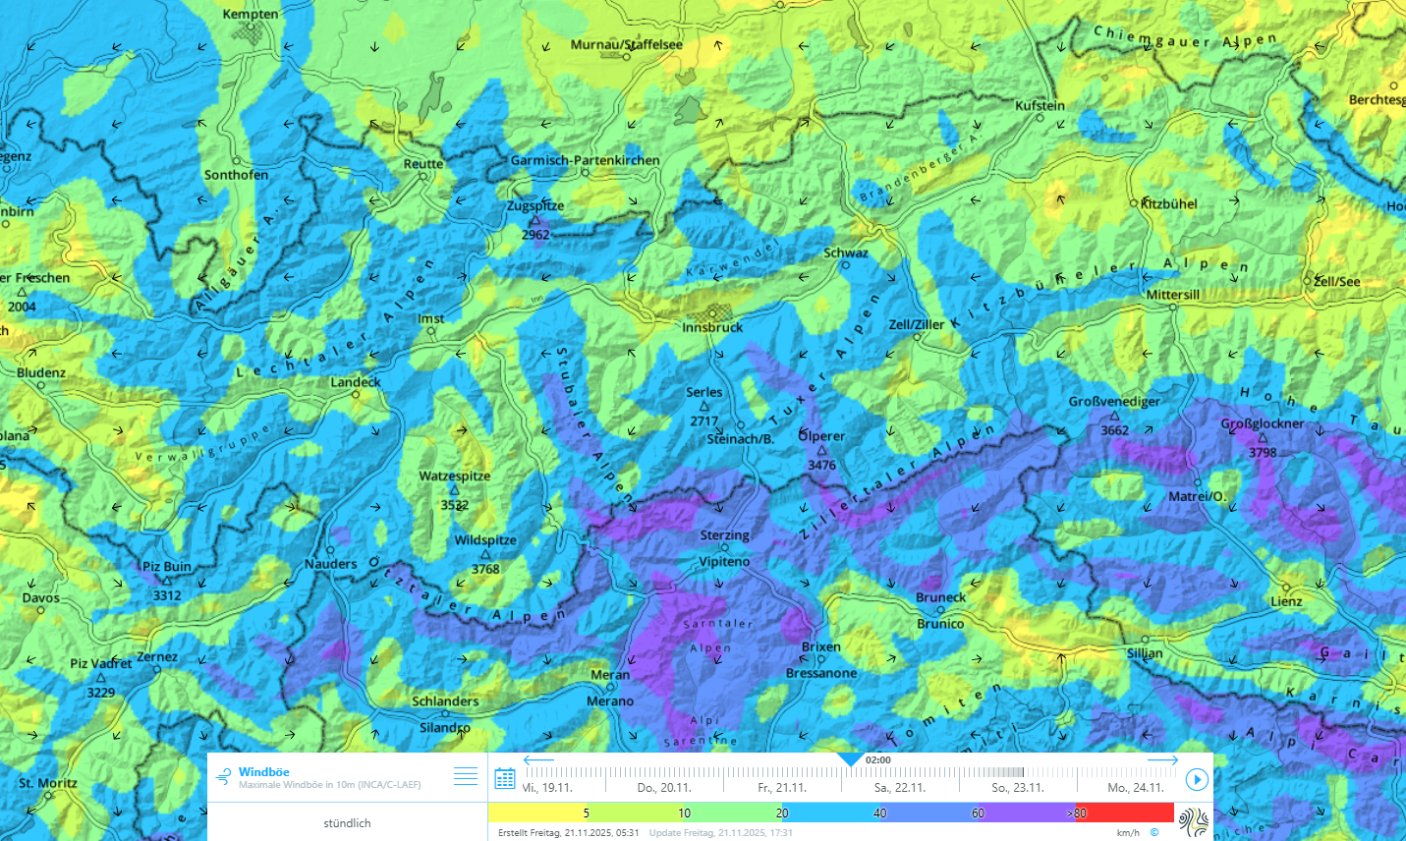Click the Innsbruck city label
tap(712, 327)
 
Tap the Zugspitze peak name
tap(535, 206)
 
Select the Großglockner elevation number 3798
tap(1263, 453)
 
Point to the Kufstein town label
tap(1040, 105)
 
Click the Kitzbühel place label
tap(1169, 204)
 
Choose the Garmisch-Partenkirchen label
tap(585, 160)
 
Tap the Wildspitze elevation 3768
tap(485, 569)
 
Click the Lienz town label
tap(1286, 601)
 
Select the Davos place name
tap(41, 597)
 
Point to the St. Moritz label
tap(48, 783)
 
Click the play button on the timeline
tap(1196, 780)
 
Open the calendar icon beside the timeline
tap(505, 779)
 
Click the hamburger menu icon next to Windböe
tap(466, 777)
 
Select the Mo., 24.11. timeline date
tap(1135, 788)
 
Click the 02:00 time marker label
tap(878, 759)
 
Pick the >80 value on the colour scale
tap(1077, 813)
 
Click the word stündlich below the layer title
tap(347, 823)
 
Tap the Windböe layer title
tap(263, 772)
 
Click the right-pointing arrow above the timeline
tap(1162, 760)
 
